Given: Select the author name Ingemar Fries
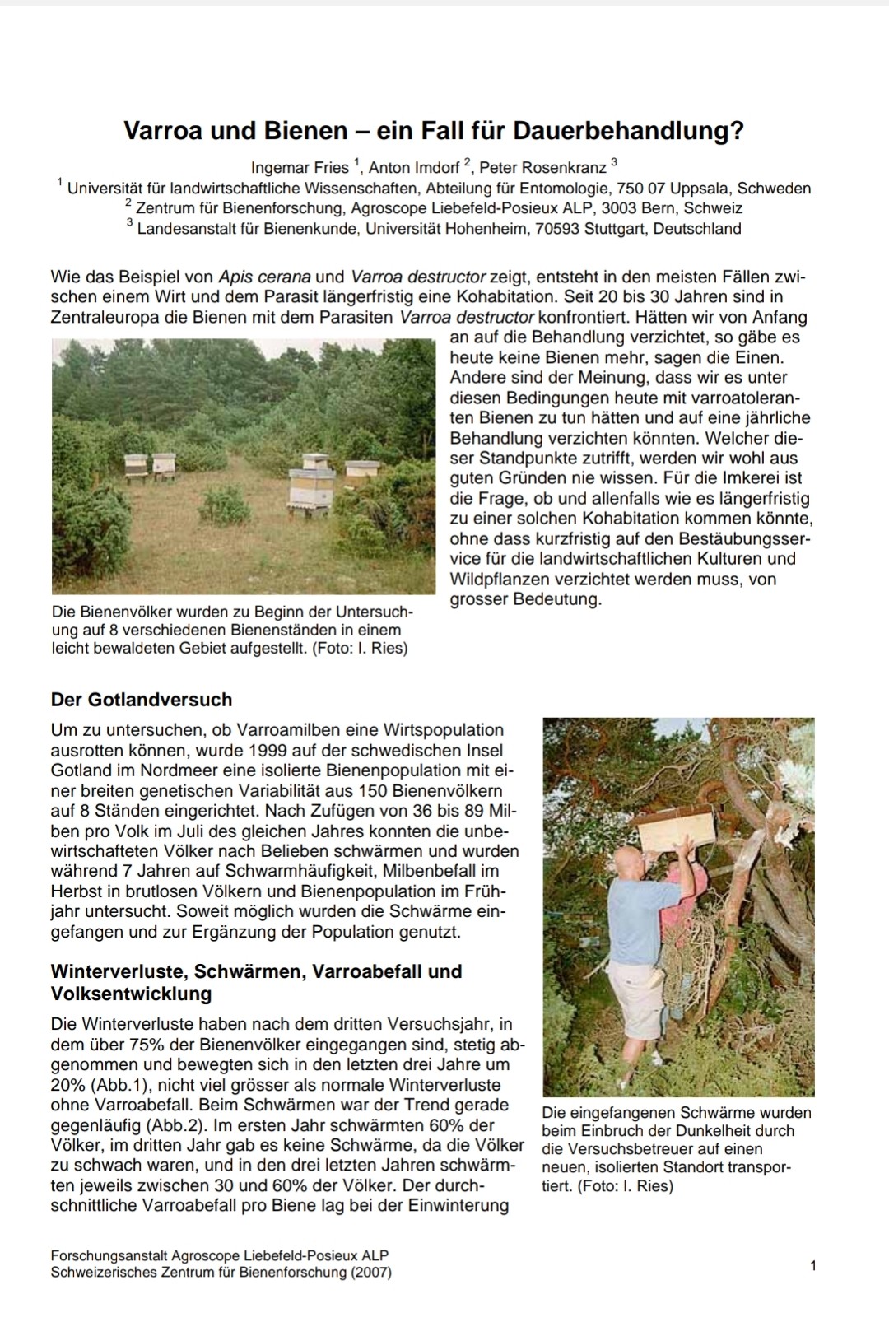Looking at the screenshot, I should [300, 168].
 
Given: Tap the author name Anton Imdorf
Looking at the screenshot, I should [414, 168].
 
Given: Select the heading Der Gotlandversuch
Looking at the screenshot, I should [142, 700].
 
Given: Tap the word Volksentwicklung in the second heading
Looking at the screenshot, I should [131, 994].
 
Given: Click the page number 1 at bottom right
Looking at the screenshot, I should [813, 1266].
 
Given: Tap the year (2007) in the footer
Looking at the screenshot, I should [370, 1273].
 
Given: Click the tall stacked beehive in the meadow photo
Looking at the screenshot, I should [312, 482].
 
